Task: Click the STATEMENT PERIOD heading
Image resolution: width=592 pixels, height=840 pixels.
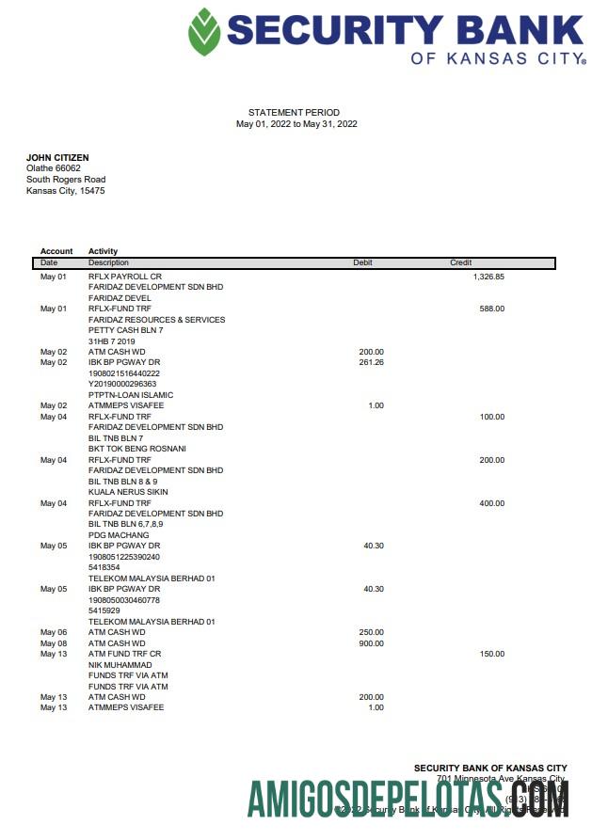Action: [294, 113]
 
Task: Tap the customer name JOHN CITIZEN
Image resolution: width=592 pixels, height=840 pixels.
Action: [57, 157]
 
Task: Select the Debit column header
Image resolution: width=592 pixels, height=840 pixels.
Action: [362, 262]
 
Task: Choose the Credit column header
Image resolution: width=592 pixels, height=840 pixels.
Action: [460, 262]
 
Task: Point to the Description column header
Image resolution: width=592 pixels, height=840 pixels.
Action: [108, 262]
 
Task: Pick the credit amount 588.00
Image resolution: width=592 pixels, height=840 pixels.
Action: [491, 309]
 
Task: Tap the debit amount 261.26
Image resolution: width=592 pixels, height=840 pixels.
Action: [371, 362]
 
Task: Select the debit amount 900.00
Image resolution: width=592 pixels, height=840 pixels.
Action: [371, 643]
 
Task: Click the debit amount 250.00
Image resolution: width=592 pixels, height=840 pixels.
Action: [371, 632]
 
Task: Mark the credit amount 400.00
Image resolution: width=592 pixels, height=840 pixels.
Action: [491, 503]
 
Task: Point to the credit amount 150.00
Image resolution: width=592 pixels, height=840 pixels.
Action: [491, 654]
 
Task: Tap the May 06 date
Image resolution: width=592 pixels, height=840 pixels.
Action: [54, 632]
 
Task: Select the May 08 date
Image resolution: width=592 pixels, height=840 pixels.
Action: [54, 643]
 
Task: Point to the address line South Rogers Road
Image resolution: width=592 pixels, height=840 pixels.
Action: [66, 180]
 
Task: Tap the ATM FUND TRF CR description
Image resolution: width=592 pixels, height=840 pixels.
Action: [125, 654]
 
